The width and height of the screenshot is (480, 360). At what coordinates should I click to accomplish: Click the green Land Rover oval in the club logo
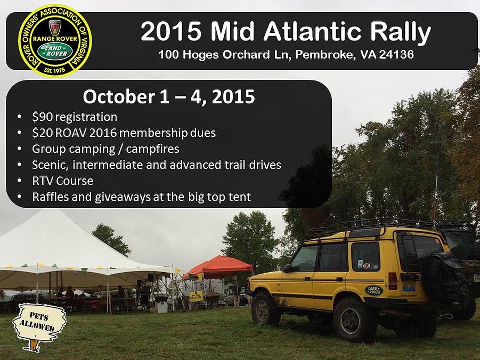coord(55,51)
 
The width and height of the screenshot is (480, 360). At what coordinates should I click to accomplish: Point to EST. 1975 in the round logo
coord(54,70)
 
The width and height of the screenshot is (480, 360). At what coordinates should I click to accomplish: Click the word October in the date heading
coord(119,96)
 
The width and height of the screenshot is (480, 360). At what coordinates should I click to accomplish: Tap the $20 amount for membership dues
coord(42,133)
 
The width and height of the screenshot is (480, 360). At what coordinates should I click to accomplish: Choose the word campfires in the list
coord(152,149)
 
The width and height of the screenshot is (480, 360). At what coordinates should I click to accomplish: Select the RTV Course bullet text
coord(63,181)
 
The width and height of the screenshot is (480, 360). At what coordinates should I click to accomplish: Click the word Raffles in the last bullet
coord(51,197)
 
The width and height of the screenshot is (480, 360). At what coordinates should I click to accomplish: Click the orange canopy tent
coord(218,267)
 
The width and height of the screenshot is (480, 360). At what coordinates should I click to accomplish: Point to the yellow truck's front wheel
coord(265,308)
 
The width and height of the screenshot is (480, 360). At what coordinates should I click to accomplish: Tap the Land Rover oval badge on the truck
coord(374,290)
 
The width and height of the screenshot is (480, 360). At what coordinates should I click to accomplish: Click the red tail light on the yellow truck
coord(393,281)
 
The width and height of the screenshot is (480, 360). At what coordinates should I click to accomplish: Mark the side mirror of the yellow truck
coord(288,268)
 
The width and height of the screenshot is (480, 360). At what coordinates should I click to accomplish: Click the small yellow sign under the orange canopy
coord(196,296)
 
